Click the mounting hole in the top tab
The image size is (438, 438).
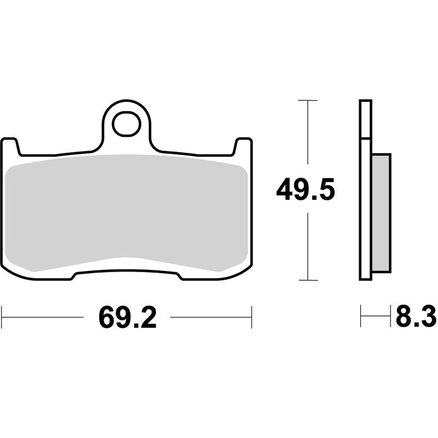point(126,125)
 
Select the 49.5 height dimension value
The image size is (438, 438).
point(305,191)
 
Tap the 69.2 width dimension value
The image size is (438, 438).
point(127,317)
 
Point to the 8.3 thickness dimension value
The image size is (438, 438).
point(414,317)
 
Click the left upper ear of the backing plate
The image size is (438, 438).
point(10,146)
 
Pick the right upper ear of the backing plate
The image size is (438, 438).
point(244,146)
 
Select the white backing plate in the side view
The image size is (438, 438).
point(366,192)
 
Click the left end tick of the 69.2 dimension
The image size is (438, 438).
point(2,317)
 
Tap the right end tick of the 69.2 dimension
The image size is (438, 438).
point(251,317)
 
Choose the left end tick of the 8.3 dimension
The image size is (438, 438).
point(361,317)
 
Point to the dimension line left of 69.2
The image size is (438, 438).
point(44,317)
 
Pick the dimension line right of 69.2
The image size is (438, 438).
point(211,317)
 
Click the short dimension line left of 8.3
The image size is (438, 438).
point(375,317)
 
